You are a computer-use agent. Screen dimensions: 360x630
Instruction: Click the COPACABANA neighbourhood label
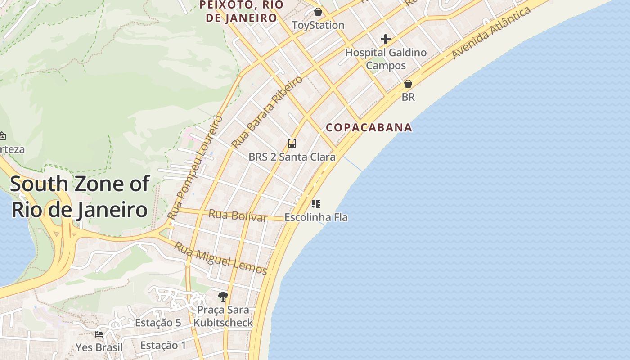click(369, 127)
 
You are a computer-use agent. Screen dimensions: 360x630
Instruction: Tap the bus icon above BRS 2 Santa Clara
click(292, 144)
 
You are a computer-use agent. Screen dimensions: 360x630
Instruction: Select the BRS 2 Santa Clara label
click(292, 157)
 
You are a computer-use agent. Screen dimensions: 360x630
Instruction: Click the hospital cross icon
click(385, 39)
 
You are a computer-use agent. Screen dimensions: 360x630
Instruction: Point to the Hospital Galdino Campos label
click(386, 59)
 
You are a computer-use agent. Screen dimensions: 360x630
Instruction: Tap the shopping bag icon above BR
click(408, 84)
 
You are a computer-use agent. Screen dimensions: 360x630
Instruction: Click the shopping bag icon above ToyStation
click(318, 12)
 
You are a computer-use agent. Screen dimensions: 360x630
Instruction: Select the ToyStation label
click(318, 25)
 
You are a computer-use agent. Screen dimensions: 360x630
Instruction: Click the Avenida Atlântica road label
click(491, 33)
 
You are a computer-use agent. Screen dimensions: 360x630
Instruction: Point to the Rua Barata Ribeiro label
click(267, 112)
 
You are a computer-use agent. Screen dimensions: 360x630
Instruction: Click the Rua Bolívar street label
click(238, 216)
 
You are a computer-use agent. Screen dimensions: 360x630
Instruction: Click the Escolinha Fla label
click(316, 217)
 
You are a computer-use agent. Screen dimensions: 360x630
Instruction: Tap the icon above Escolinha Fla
click(315, 204)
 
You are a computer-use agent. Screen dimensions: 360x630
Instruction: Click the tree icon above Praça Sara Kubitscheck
click(223, 296)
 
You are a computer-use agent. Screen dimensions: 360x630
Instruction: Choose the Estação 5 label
click(158, 323)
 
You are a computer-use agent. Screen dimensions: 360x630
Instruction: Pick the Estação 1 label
click(163, 345)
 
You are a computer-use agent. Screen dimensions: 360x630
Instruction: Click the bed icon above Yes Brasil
click(99, 334)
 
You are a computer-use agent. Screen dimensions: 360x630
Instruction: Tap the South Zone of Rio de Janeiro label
click(79, 197)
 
